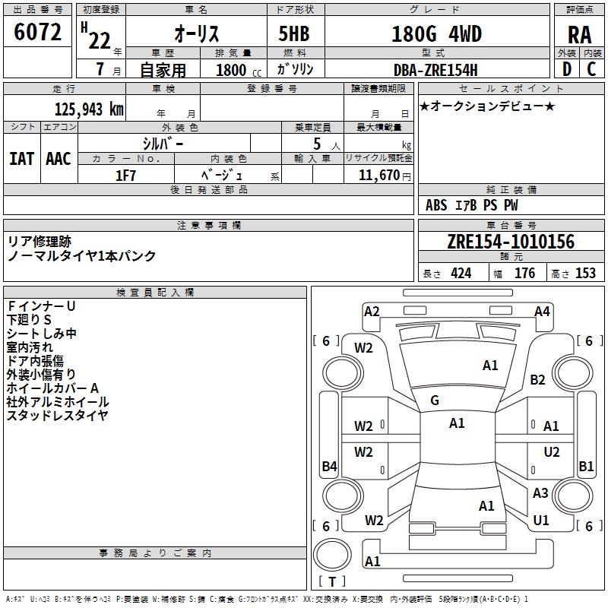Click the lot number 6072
click(x=37, y=32)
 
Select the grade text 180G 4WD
click(x=436, y=33)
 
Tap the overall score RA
click(x=579, y=35)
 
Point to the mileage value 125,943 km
click(x=89, y=109)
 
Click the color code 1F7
click(x=125, y=176)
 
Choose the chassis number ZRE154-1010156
click(x=511, y=242)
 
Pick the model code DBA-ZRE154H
click(x=435, y=70)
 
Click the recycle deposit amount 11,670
click(x=378, y=176)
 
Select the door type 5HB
click(x=294, y=33)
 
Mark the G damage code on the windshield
click(x=435, y=401)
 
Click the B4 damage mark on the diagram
click(x=330, y=466)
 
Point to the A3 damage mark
click(x=540, y=492)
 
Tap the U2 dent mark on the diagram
click(x=552, y=451)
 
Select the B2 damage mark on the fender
click(x=537, y=379)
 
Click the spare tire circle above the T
click(x=332, y=555)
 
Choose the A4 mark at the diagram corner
click(x=542, y=312)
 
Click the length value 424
click(x=461, y=273)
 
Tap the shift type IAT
click(x=21, y=159)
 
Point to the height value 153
click(x=585, y=273)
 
